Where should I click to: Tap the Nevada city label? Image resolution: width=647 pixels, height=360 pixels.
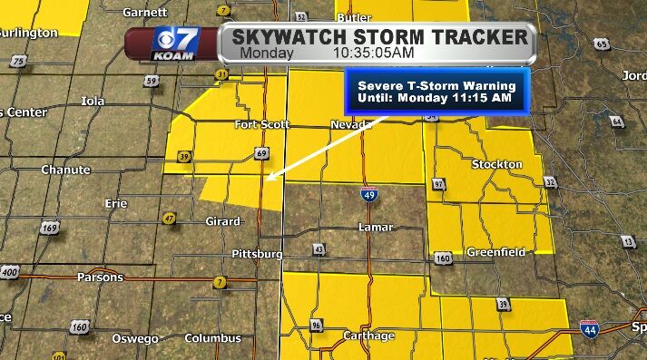pos(348,124)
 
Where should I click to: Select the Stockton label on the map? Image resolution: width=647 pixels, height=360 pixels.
pos(496,164)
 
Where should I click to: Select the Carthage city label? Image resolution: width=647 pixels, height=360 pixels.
pos(368,336)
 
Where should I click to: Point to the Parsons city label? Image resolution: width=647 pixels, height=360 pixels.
pos(99,277)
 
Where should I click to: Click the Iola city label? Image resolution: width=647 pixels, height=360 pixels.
pos(93,101)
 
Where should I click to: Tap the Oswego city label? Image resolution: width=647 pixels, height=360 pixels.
pos(134,338)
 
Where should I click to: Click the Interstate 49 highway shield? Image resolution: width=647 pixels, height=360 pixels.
pos(368,194)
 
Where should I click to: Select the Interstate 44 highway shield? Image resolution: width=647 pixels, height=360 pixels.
pos(590,330)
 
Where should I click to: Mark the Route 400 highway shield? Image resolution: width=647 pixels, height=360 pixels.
pos(10,272)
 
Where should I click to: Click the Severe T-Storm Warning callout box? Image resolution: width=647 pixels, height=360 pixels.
pos(436,91)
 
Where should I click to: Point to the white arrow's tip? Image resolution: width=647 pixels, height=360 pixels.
pos(264,180)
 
